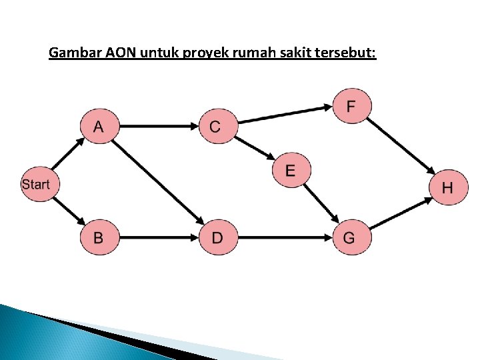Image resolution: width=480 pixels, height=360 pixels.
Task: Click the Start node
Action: pos(36,184)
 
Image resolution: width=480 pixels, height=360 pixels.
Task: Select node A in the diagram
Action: pos(99,126)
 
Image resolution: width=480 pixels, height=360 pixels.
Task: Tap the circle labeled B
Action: pos(99,237)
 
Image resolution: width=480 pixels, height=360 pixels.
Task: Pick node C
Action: pos(216,126)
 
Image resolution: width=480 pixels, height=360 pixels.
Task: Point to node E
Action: pos(290,170)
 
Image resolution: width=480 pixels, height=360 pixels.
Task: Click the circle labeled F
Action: pos(351,106)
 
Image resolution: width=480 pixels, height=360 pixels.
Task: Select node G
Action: pos(349,237)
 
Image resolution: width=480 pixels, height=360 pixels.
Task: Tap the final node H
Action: pos(447,187)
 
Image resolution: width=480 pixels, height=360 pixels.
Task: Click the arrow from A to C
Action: pos(157,125)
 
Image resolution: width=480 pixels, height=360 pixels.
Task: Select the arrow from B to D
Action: pos(157,237)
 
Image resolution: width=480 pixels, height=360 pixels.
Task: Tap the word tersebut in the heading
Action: pos(349,52)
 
